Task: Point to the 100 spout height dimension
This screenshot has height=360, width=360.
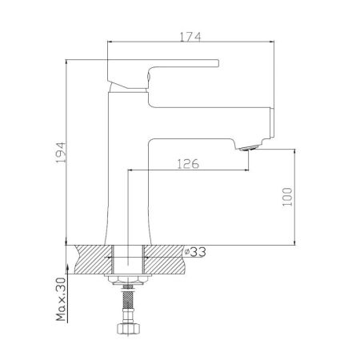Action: pyautogui.click(x=287, y=195)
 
